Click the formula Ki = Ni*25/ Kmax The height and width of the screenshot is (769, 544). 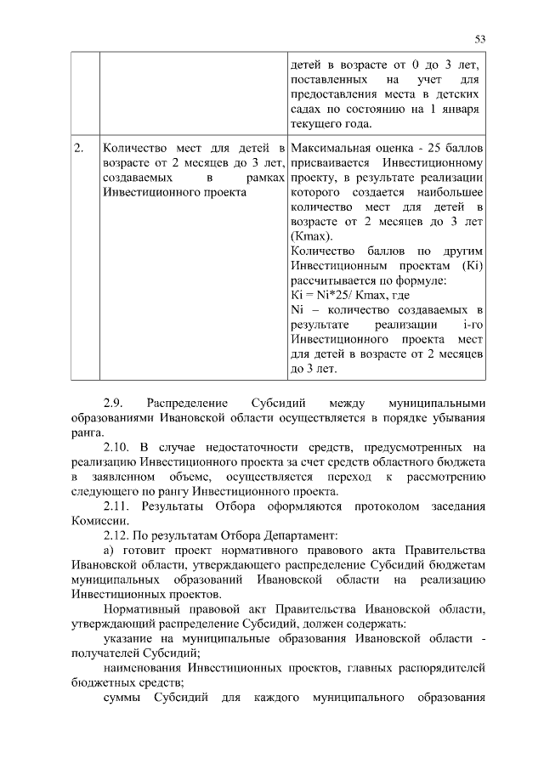pos(339,296)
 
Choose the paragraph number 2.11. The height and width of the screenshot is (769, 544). pos(117,506)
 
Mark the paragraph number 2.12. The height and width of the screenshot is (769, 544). pos(117,535)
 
